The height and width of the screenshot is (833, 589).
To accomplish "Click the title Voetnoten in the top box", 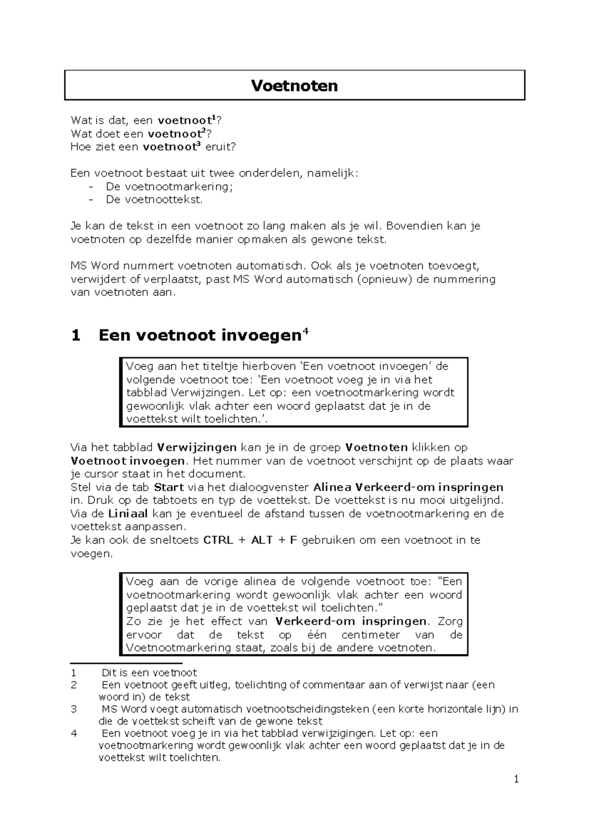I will (x=294, y=86).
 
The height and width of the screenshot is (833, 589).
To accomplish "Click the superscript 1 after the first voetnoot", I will (x=214, y=118).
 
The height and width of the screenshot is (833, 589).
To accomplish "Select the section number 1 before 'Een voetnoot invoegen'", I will (x=75, y=336).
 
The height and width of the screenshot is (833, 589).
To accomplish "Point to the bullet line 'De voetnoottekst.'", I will (x=154, y=200).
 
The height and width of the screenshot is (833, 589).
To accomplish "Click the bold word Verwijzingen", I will (x=196, y=447).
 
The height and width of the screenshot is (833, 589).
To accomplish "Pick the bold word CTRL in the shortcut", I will (x=218, y=540).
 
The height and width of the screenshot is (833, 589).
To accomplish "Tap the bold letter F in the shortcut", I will (x=294, y=540).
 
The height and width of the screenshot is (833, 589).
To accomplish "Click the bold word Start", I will (x=168, y=487).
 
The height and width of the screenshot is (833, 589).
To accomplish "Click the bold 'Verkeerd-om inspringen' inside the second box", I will (x=350, y=621).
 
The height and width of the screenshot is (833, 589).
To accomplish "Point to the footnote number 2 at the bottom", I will (x=74, y=685).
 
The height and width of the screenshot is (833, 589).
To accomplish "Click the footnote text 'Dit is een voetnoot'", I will (x=149, y=673).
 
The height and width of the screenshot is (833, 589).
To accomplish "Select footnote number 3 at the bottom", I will (x=74, y=709).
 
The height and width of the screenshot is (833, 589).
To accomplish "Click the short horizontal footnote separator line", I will (x=126, y=663).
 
